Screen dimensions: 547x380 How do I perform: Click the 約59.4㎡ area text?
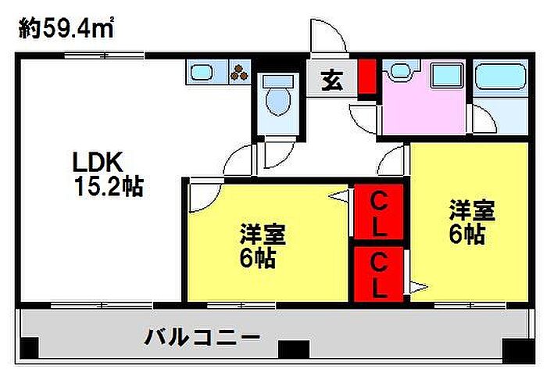66,28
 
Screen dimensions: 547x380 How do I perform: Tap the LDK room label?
98,162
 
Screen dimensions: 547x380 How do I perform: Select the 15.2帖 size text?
109,187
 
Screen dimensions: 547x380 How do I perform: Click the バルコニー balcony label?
202,338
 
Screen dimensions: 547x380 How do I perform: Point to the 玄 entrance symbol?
332,81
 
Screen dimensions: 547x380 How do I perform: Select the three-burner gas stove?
240,72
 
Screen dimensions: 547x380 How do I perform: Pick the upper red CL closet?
379,212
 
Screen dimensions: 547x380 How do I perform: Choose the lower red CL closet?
379,274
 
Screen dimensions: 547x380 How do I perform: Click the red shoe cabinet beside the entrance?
368,77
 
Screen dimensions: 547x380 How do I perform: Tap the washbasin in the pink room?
400,71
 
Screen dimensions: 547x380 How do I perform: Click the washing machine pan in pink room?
447,75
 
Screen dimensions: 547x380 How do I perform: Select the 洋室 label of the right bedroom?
472,210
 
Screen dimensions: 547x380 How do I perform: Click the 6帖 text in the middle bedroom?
257,258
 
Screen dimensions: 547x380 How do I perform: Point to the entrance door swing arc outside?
335,29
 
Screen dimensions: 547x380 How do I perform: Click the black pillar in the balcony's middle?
293,349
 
